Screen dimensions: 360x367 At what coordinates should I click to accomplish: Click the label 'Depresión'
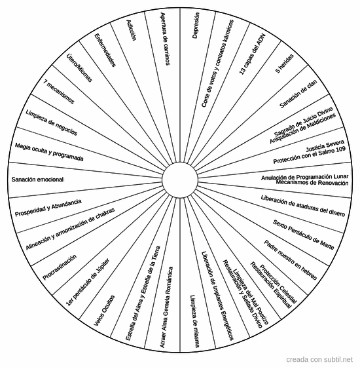point(196,26)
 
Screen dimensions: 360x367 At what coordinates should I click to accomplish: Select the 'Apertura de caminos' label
point(165,39)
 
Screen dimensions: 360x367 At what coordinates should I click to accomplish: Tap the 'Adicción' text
point(131,30)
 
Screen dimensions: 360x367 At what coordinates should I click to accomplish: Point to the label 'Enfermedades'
point(105,50)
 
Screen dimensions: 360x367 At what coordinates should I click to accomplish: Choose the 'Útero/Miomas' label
point(79,68)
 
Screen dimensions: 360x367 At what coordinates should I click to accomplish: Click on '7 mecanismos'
point(59,91)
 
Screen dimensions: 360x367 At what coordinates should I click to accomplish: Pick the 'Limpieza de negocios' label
point(52,123)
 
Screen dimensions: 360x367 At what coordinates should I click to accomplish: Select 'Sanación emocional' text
point(37,180)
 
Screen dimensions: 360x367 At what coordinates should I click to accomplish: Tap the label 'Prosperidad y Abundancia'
point(48,208)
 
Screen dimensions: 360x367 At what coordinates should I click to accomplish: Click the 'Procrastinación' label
point(60,267)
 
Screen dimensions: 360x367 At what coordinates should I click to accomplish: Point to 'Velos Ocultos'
point(104,311)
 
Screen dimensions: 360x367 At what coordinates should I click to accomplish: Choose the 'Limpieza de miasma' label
point(195,321)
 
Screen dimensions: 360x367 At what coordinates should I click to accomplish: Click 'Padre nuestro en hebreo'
point(291,260)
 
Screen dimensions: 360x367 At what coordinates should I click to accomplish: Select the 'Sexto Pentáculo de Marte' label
point(304,235)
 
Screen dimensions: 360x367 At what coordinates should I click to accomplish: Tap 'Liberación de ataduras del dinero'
point(303,206)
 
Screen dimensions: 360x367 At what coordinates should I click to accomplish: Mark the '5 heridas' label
point(285,64)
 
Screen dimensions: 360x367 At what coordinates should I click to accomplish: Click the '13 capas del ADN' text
point(253,54)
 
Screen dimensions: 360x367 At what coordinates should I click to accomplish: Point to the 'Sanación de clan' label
point(298,94)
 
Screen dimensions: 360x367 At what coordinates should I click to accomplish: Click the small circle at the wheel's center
point(180,180)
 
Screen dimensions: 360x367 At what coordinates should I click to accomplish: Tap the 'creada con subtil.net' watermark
point(319,359)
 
